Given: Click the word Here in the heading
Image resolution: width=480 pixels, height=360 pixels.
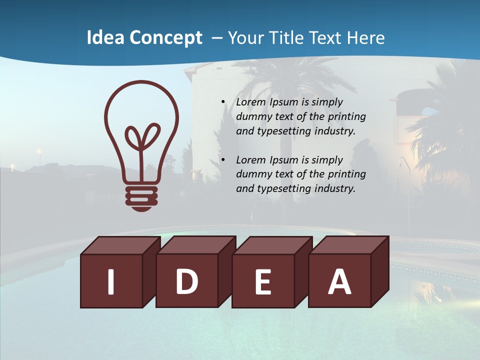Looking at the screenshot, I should coord(365,38).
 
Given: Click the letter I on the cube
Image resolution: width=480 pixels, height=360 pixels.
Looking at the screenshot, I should coord(111,281).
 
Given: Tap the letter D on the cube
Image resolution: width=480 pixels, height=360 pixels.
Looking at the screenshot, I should coord(186,281).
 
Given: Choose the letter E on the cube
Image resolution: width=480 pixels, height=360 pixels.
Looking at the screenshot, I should coord(263,282).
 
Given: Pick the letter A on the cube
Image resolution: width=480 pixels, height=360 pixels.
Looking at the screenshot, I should coord(339,281).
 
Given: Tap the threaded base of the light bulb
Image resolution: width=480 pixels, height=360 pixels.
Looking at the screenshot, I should coord(141,195).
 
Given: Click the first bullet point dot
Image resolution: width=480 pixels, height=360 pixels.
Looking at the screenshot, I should coord(223,102).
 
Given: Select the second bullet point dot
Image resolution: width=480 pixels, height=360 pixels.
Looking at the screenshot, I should coord(223,160).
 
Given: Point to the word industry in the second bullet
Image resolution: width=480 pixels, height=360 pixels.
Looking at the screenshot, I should coord(334,188).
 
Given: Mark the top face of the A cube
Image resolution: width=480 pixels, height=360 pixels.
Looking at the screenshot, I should coord(350,245).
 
